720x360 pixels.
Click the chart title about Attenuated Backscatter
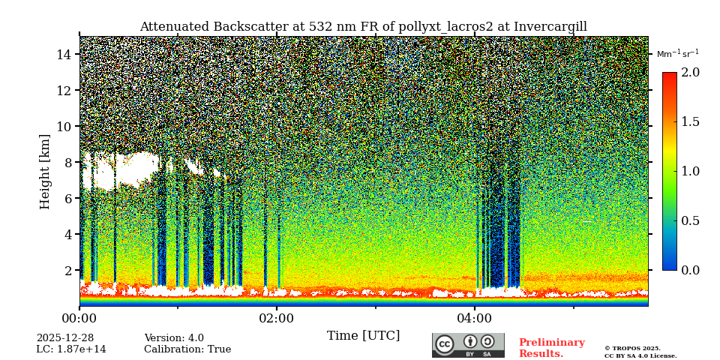click(x=363, y=27)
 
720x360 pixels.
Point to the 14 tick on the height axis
click(x=63, y=55)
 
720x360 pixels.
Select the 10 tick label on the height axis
click(x=63, y=127)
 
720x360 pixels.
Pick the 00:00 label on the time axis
click(x=79, y=319)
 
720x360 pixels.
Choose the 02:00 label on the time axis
click(x=277, y=319)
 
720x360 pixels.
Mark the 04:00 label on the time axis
click(x=474, y=319)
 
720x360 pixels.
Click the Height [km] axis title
click(x=45, y=171)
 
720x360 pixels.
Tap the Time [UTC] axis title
click(x=363, y=336)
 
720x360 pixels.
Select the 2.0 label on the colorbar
click(x=690, y=73)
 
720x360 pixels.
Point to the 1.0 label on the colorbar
click(x=690, y=172)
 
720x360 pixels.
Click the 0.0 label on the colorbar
click(x=690, y=271)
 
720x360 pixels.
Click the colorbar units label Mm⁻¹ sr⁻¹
click(x=677, y=54)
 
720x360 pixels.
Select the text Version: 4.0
click(x=174, y=338)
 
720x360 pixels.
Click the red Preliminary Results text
click(x=551, y=348)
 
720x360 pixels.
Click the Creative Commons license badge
click(x=468, y=345)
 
